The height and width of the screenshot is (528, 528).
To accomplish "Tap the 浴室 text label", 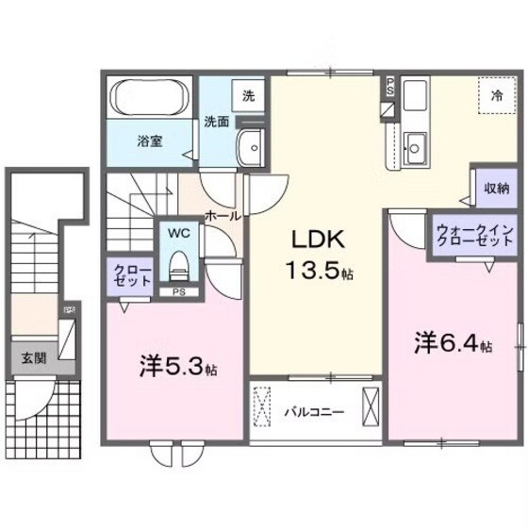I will (149, 142).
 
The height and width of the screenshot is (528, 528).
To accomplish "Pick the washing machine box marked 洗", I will (248, 94).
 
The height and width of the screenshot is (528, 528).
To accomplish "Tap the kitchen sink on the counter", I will (415, 145).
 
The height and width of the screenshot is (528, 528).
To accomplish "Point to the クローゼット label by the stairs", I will (126, 275).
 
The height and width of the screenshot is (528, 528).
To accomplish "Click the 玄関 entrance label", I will (31, 358).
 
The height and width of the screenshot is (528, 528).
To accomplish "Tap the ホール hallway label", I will (221, 216).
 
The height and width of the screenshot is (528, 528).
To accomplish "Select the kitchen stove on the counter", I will (415, 96).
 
